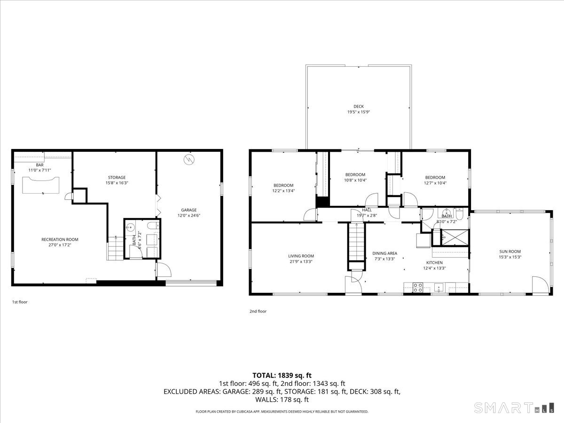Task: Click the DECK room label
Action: tap(359, 107)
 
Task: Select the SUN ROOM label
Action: tap(510, 251)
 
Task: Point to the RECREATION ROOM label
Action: tap(60, 240)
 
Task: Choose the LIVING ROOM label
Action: tap(301, 256)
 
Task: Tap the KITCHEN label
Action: tap(434, 263)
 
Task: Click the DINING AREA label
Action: tap(384, 253)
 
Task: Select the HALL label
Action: tap(367, 210)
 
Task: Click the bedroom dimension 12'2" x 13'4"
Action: tap(283, 191)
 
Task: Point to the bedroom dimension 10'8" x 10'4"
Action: tap(355, 180)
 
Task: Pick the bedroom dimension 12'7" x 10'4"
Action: tap(435, 183)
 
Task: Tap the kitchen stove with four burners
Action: tap(417, 287)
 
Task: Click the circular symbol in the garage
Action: tap(189, 159)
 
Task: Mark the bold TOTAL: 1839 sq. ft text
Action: tap(282, 375)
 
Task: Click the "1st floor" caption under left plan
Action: tap(20, 302)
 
